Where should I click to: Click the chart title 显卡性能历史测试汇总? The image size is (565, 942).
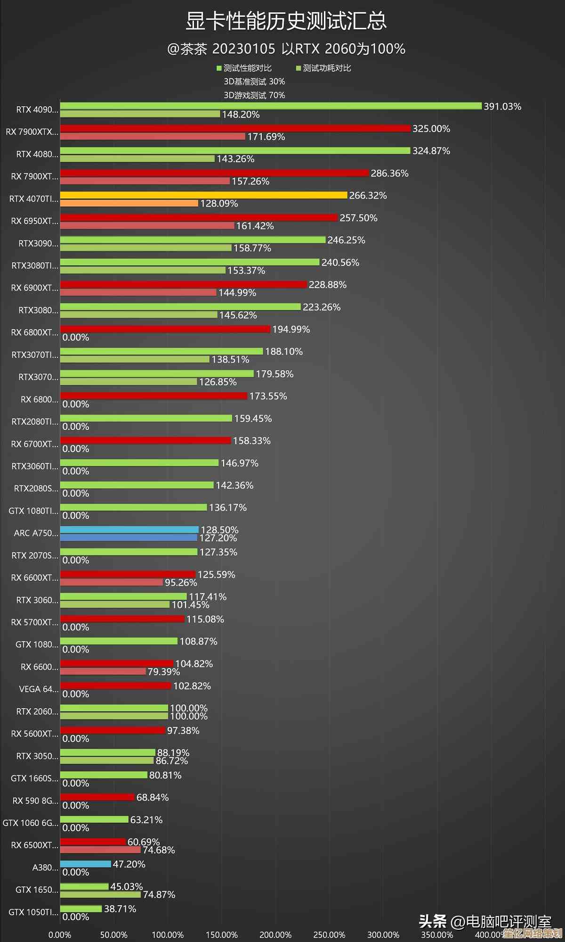click(x=286, y=21)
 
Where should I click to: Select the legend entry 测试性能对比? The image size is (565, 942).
click(x=244, y=68)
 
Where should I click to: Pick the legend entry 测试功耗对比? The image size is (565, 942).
click(x=323, y=68)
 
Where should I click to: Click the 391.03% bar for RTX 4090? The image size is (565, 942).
click(x=271, y=106)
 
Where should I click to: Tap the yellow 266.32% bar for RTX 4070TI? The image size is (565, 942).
click(x=203, y=195)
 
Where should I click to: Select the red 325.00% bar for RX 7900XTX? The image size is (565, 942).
click(x=235, y=128)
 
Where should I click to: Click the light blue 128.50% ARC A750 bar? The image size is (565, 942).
click(x=129, y=529)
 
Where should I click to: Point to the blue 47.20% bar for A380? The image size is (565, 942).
click(x=85, y=864)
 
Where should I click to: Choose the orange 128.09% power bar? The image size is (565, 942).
click(x=129, y=203)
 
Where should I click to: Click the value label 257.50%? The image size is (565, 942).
click(x=358, y=218)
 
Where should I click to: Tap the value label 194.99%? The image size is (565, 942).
click(x=291, y=329)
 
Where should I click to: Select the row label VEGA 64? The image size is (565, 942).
click(x=38, y=689)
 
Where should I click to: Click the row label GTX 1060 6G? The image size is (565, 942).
click(x=30, y=823)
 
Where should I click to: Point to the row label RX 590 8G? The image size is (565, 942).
click(x=35, y=801)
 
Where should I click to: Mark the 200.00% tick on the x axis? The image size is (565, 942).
click(x=275, y=934)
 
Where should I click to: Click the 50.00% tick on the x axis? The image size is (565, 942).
click(x=113, y=934)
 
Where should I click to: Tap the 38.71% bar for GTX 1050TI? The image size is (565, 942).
click(x=81, y=909)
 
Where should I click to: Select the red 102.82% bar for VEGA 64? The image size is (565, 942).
click(x=115, y=686)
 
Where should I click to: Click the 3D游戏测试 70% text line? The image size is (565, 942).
click(x=254, y=95)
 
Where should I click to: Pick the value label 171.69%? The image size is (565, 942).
click(x=266, y=137)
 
